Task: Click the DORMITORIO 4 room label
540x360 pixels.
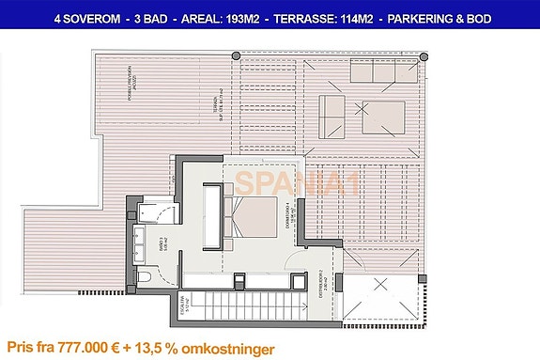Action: [x=293, y=212]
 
